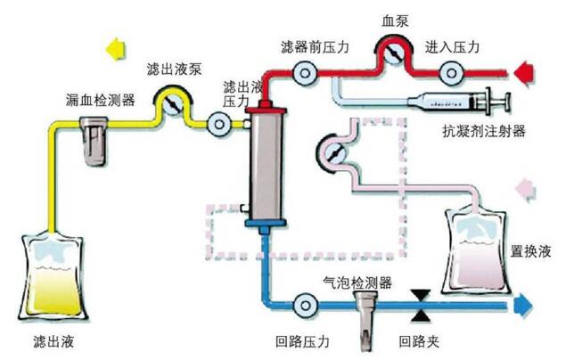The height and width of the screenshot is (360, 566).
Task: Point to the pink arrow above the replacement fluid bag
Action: (525, 187)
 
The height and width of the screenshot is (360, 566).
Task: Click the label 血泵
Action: (393, 19)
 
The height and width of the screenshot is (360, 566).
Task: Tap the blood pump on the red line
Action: (392, 56)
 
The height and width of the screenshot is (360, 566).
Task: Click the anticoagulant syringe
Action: (455, 102)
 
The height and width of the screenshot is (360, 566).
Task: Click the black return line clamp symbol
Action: (417, 306)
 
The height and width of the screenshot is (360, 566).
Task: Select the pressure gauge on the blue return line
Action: (305, 306)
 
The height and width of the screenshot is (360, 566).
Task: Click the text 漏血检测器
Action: (101, 100)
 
